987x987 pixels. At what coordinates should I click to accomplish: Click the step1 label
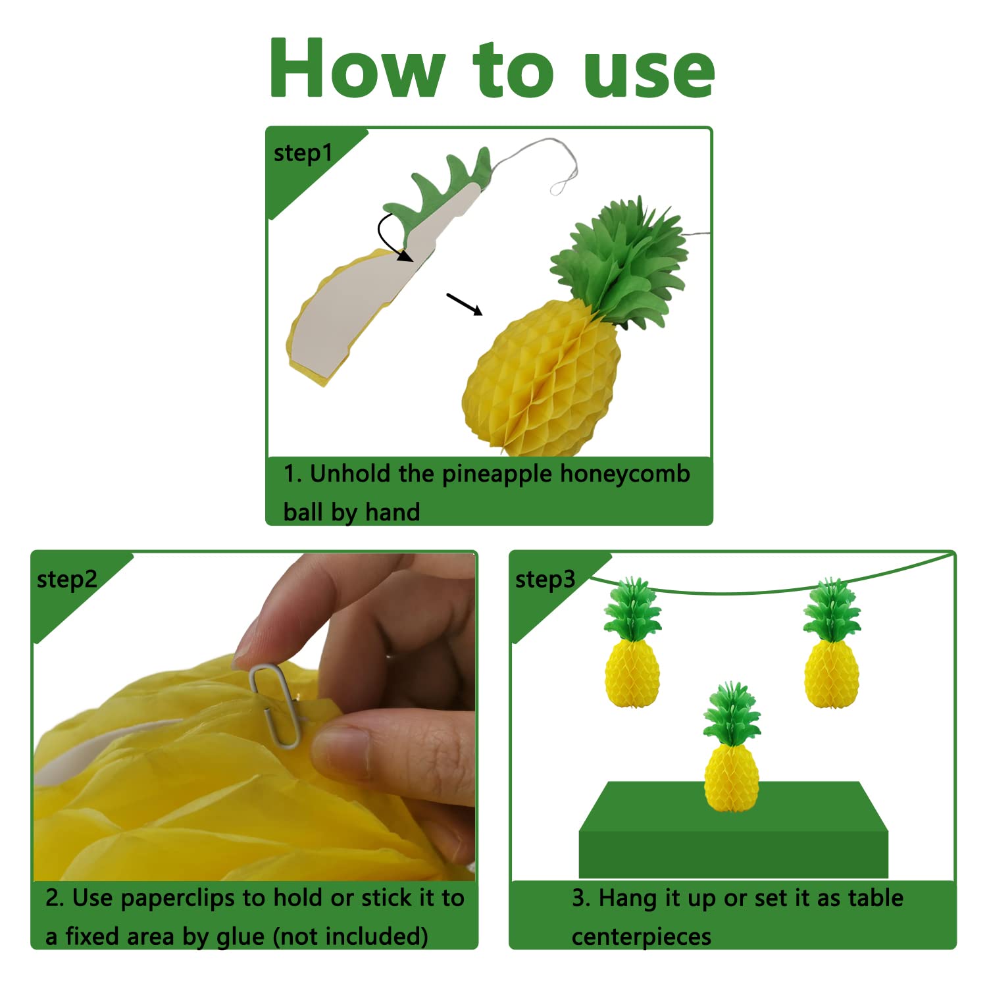[303, 153]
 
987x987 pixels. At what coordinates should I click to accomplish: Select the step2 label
[67, 580]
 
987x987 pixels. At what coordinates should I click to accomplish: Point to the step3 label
[545, 580]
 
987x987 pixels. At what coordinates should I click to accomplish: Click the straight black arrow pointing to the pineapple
[465, 304]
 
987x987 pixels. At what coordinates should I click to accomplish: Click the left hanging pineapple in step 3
[632, 643]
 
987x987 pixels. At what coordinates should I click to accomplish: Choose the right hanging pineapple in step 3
[832, 643]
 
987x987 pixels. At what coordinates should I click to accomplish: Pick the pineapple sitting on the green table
[732, 747]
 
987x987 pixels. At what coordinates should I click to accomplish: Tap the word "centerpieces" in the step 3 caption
[642, 936]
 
